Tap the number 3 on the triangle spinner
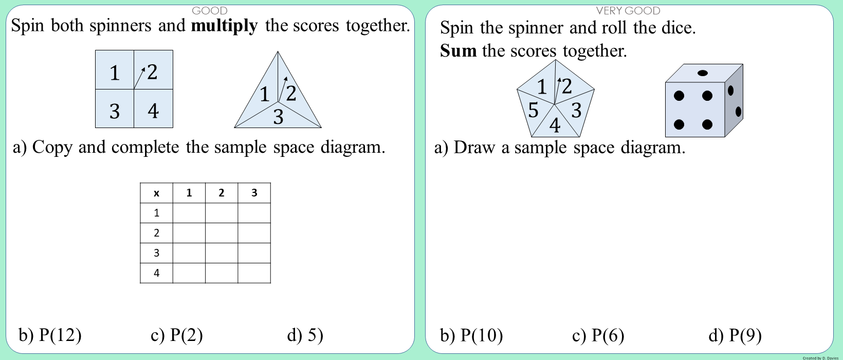(278, 117)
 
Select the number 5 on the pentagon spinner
(533, 110)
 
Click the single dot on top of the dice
(703, 73)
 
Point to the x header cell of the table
(156, 193)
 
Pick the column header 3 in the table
(254, 193)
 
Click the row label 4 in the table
(156, 273)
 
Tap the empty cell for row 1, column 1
(189, 213)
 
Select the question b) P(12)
(50, 335)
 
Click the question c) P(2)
(176, 335)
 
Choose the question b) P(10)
(471, 336)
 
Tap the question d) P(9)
(735, 336)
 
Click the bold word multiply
(224, 26)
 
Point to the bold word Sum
(458, 51)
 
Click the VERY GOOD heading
(628, 10)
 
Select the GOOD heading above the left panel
(209, 10)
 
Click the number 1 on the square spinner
(115, 73)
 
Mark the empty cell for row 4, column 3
(254, 273)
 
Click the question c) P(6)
(598, 336)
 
